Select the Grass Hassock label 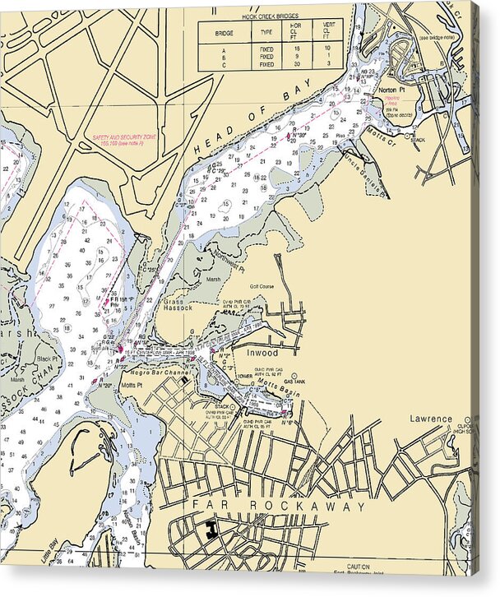coord(178,304)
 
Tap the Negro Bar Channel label coord(165,373)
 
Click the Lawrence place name coord(432,419)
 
